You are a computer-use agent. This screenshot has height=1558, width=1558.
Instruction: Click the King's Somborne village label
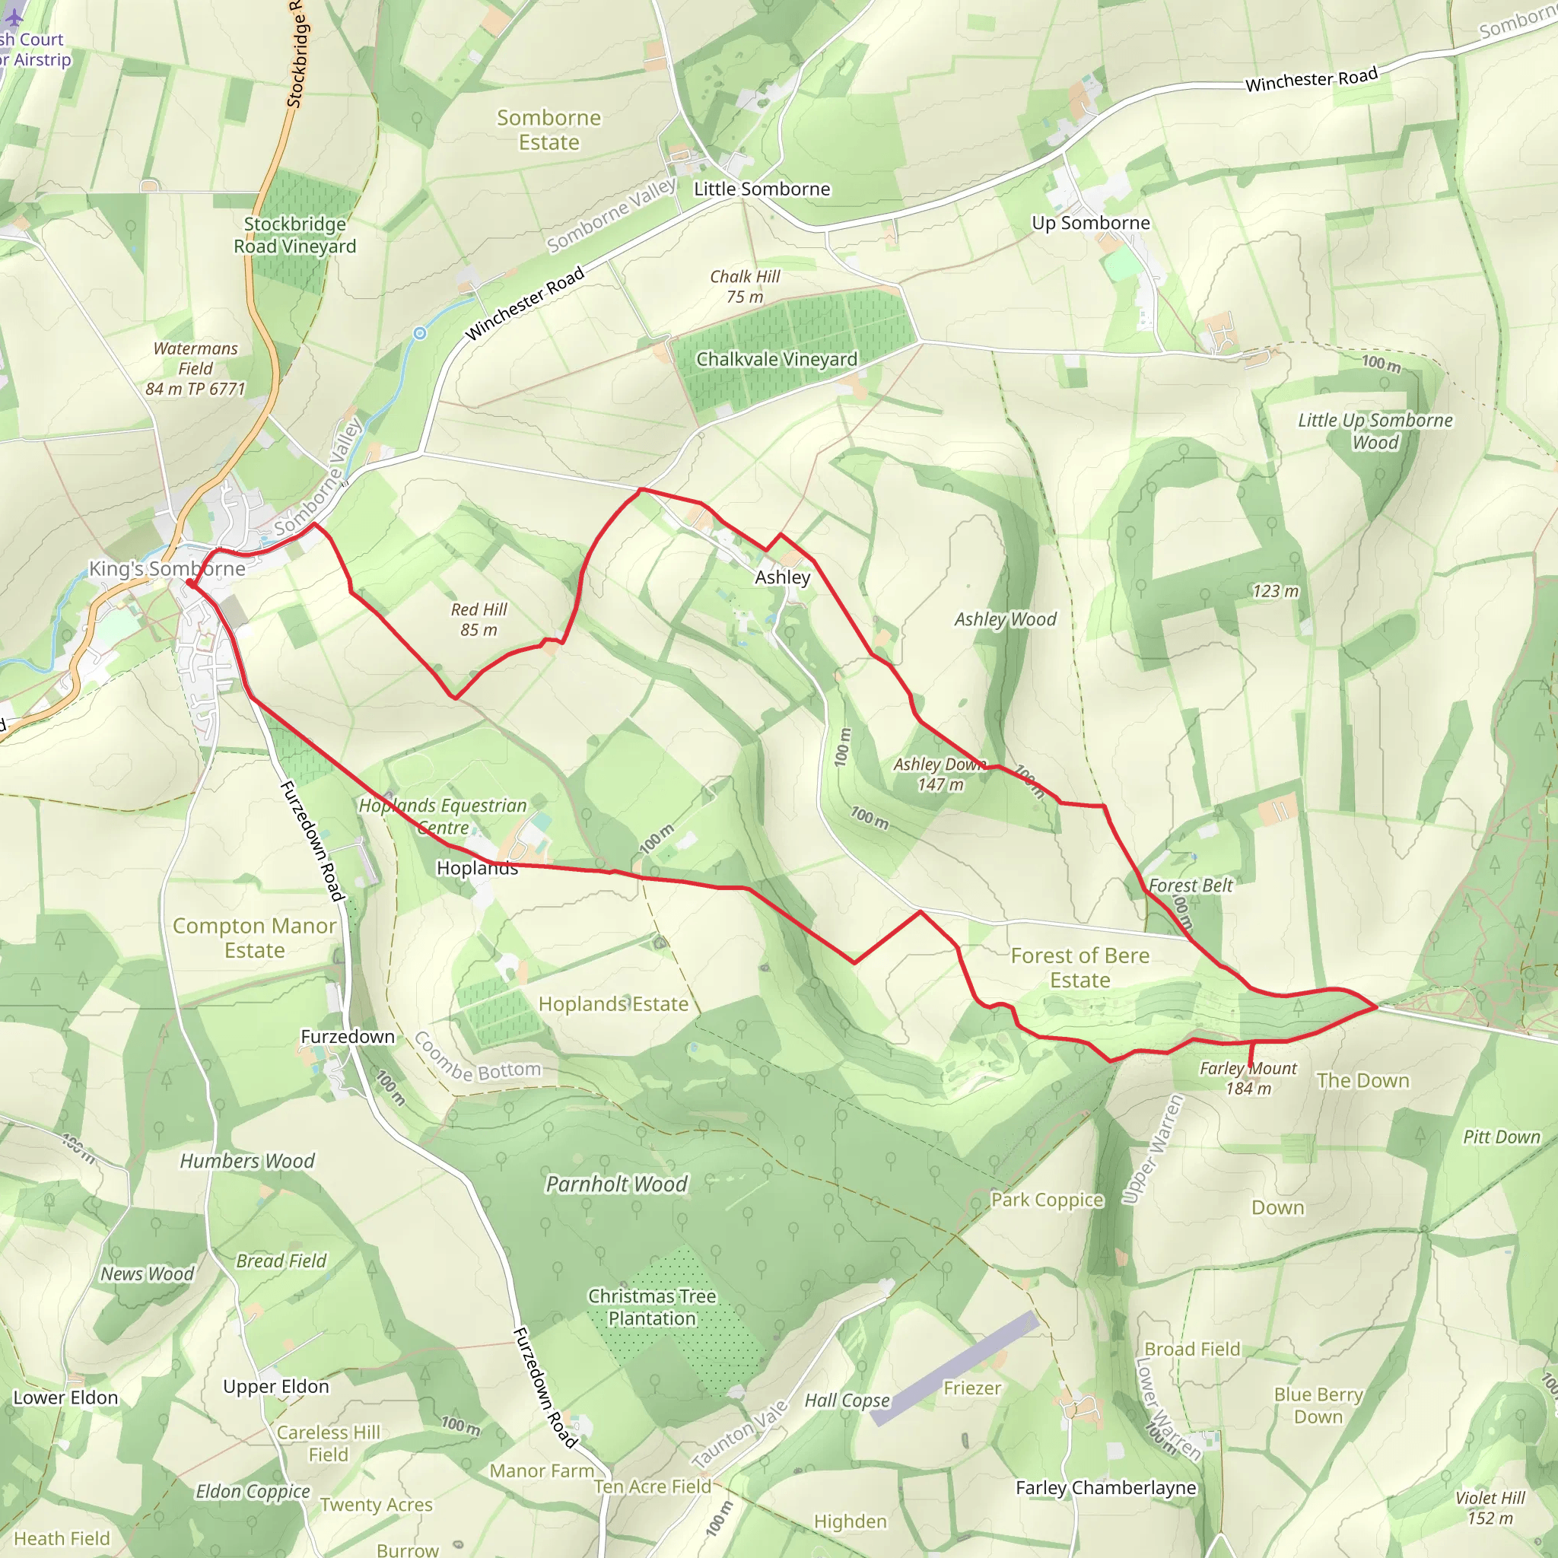(167, 568)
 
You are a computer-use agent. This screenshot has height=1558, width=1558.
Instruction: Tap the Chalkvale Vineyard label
(776, 360)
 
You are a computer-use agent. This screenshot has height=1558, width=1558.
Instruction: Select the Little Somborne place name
(762, 189)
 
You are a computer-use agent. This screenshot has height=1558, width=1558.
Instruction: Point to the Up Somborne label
(1090, 224)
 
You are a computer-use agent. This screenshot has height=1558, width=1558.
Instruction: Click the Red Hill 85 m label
(479, 619)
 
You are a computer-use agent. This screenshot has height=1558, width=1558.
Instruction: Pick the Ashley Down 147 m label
(940, 774)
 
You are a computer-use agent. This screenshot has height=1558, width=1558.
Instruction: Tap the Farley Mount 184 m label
(1248, 1078)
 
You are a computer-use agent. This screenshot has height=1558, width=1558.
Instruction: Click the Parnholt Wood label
(617, 1184)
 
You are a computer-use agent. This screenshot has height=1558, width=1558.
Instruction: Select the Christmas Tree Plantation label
(652, 1307)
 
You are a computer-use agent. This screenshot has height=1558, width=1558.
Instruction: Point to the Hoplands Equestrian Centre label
(443, 816)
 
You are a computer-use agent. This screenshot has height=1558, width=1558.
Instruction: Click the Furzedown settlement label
(348, 1036)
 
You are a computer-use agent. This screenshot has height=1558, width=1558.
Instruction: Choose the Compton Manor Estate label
(254, 938)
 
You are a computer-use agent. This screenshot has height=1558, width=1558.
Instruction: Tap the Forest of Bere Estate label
(1079, 968)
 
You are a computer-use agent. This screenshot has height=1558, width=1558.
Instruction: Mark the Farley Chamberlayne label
(1105, 1488)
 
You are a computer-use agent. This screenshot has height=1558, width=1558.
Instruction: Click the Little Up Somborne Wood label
(1375, 431)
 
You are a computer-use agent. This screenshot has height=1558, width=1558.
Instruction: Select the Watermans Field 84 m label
(196, 368)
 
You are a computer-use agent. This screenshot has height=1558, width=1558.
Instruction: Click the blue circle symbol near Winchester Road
(419, 333)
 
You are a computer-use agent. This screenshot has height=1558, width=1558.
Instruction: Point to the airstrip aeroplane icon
(14, 14)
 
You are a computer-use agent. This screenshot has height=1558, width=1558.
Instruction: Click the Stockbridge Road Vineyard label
(294, 236)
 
